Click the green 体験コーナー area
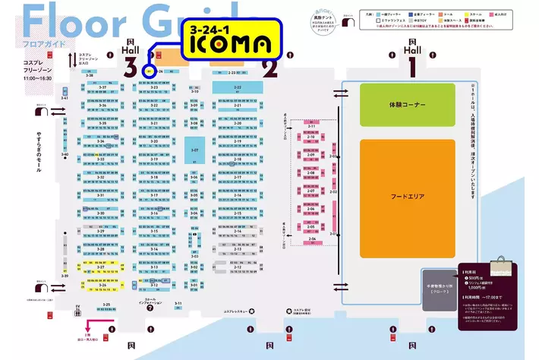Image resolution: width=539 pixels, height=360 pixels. [408, 104]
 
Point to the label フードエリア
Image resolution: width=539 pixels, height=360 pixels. [408, 197]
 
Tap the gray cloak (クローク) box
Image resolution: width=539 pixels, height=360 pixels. [436, 290]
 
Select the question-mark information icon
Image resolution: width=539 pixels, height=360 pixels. [150, 308]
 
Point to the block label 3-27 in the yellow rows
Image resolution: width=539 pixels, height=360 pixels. [100, 267]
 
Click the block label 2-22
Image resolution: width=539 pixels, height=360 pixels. [237, 87]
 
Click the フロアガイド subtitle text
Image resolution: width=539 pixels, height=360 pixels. [28, 44]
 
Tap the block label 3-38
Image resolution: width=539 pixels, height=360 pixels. [90, 75]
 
